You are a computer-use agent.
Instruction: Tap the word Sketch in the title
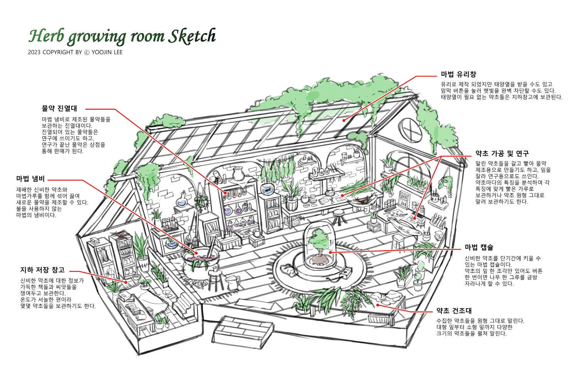coord(192,36)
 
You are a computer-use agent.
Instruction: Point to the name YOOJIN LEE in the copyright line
coord(107,52)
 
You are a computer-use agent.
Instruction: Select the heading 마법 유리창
coord(458,75)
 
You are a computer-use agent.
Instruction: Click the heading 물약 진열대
coord(59,109)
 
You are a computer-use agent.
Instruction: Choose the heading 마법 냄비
coord(30,179)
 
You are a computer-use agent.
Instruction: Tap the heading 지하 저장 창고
coord(42,270)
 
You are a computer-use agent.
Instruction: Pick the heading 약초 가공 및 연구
coord(502,154)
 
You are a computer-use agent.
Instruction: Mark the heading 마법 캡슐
coord(479,247)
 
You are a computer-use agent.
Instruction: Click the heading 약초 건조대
coord(454,311)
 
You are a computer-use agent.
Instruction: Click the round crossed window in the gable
coord(410,130)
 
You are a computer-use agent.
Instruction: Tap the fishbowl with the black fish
coord(267,189)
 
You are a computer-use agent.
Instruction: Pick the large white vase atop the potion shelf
coord(238,174)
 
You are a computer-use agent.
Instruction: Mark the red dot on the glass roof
coord(344,120)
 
